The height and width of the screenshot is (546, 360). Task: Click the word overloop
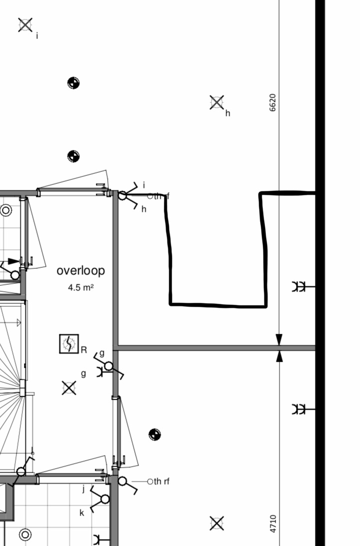pyautogui.click(x=81, y=271)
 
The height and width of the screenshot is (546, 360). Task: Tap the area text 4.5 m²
pyautogui.click(x=81, y=288)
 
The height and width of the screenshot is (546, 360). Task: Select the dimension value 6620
pyautogui.click(x=273, y=103)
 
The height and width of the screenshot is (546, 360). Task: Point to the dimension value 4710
pyautogui.click(x=273, y=524)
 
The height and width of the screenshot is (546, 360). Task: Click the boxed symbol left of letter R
pyautogui.click(x=69, y=344)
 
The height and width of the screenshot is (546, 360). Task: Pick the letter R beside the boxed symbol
pyautogui.click(x=84, y=350)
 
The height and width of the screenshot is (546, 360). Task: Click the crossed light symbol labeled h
pyautogui.click(x=217, y=102)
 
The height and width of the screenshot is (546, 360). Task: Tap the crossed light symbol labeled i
pyautogui.click(x=25, y=25)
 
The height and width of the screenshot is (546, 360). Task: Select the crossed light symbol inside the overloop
pyautogui.click(x=69, y=388)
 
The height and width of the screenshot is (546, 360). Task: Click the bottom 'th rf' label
pyautogui.click(x=162, y=481)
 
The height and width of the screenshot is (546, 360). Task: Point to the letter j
pyautogui.click(x=83, y=489)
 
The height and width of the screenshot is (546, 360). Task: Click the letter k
pyautogui.click(x=82, y=513)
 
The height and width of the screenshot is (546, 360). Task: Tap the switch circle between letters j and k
pyautogui.click(x=105, y=499)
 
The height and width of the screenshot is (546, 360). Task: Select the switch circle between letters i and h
pyautogui.click(x=122, y=196)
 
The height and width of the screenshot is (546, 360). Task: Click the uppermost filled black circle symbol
pyautogui.click(x=73, y=83)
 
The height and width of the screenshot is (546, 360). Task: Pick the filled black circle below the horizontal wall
pyautogui.click(x=155, y=435)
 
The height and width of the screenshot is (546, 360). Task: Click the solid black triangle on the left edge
pyautogui.click(x=13, y=261)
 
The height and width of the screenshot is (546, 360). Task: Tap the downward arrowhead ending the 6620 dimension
pyautogui.click(x=279, y=340)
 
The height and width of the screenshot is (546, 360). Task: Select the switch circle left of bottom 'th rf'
pyautogui.click(x=122, y=481)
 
